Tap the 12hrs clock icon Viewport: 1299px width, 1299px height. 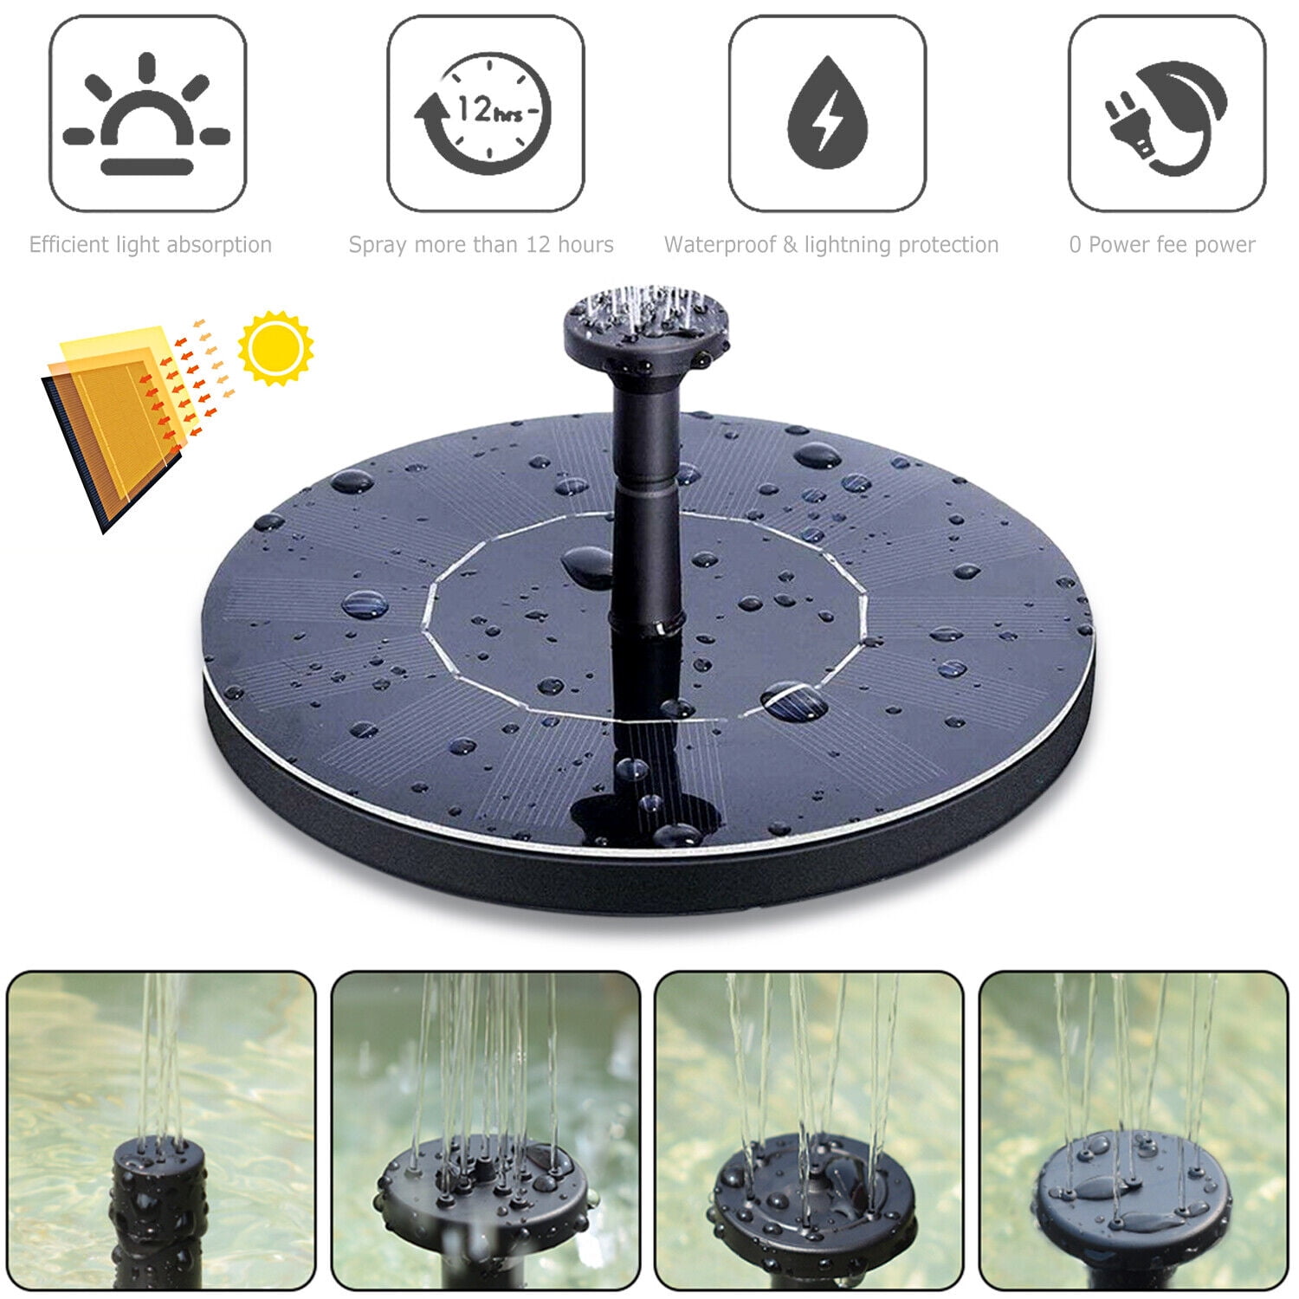[486, 113]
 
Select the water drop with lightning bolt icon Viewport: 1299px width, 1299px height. [827, 113]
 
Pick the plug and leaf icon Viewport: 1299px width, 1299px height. [1167, 113]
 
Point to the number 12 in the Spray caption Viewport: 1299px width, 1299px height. [538, 245]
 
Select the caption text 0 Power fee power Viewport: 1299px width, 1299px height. [1162, 245]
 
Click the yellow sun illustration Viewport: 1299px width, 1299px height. [275, 347]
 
